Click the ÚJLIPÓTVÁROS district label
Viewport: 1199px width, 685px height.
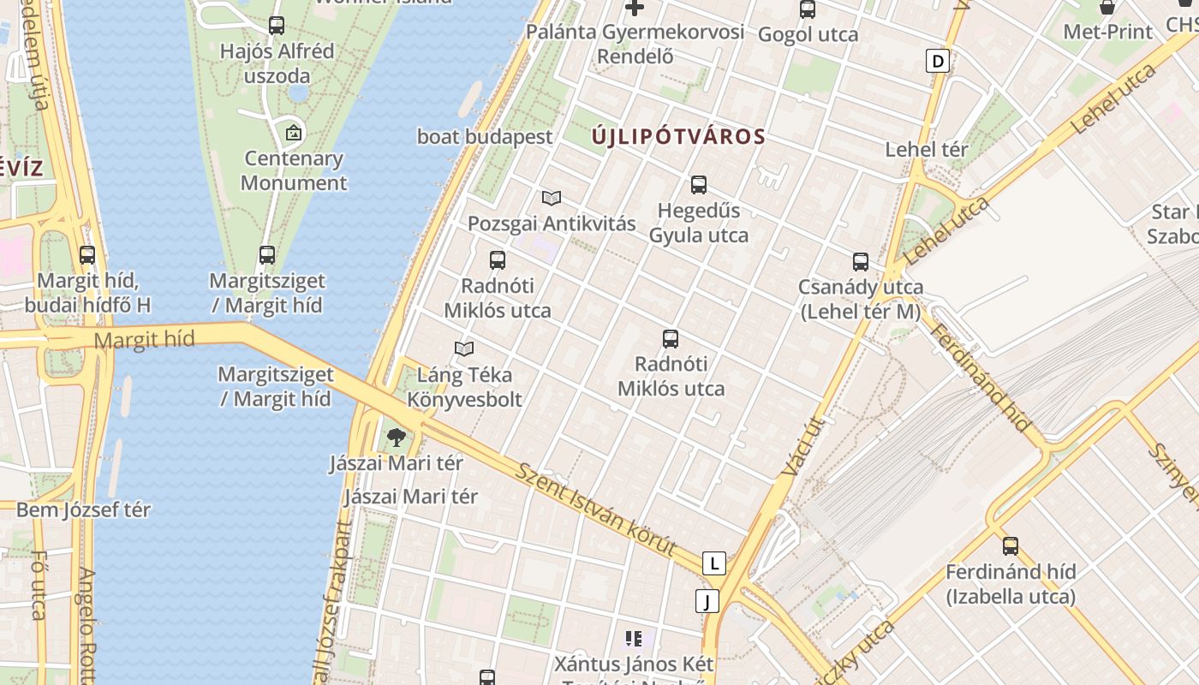(678, 136)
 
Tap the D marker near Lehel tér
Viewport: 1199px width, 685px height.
(939, 61)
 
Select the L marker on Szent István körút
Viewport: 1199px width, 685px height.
(713, 563)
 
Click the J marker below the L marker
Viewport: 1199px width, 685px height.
(707, 601)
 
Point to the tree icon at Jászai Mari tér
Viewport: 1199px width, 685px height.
(396, 438)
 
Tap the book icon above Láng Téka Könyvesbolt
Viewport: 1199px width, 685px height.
(464, 349)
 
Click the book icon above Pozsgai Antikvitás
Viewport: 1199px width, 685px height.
(552, 199)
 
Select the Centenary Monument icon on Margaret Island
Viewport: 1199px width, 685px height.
(294, 133)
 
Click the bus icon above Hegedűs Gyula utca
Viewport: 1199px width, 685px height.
(699, 184)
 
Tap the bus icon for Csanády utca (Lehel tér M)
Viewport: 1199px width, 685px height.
(861, 261)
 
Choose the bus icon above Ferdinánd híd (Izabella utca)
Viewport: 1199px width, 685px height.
(1011, 545)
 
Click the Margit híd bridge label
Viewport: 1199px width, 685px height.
(144, 340)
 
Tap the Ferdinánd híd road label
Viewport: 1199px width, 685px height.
(980, 378)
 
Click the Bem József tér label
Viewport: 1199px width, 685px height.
(83, 509)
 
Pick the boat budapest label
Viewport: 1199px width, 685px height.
(485, 136)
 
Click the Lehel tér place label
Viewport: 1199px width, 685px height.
(927, 149)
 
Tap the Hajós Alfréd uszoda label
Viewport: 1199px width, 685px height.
(277, 63)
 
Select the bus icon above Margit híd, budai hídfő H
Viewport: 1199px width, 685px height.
(87, 254)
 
